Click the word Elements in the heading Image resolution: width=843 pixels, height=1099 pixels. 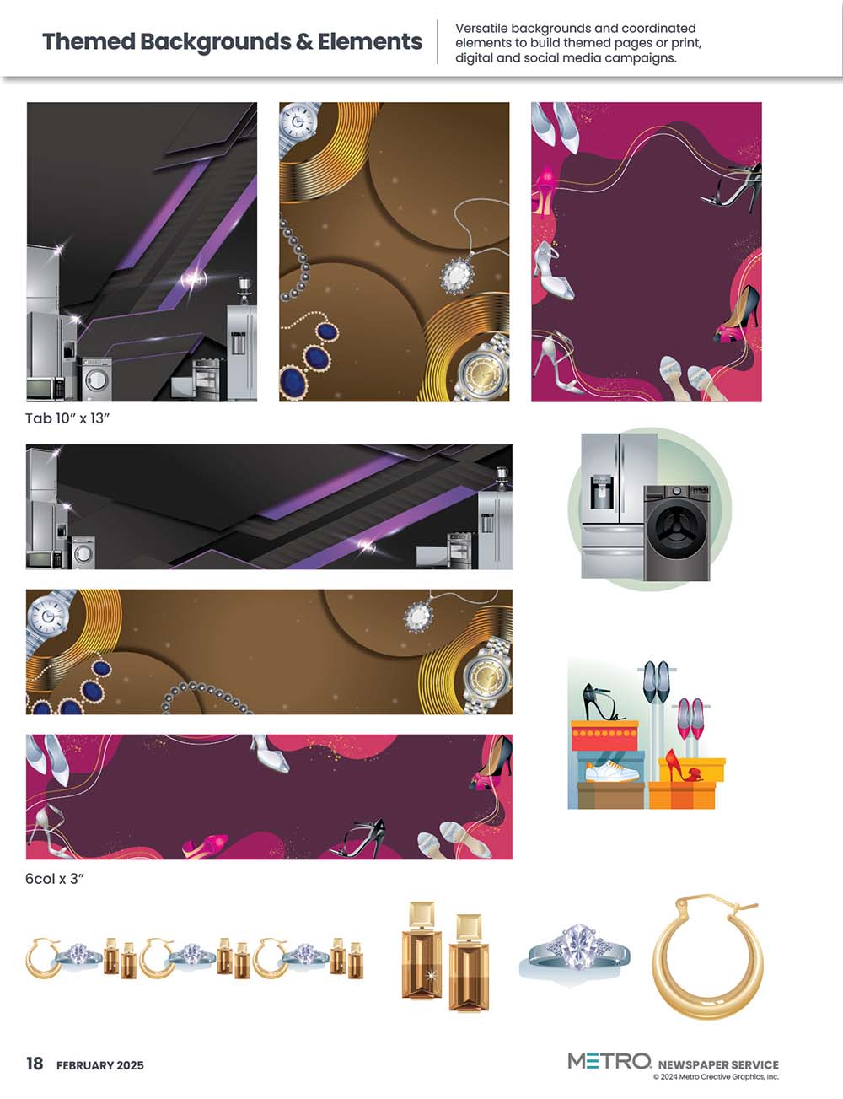(369, 41)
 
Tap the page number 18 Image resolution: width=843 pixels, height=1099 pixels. (35, 1063)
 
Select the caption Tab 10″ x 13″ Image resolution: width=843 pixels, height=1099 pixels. (67, 418)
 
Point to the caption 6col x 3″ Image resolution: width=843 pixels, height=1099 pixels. (55, 879)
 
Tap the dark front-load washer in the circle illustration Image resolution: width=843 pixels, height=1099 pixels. (677, 533)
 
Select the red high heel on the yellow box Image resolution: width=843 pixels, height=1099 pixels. (682, 766)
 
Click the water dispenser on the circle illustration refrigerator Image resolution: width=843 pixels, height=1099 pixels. (603, 493)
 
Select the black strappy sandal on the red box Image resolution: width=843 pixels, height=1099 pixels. (602, 702)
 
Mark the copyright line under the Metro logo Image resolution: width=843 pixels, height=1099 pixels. (717, 1077)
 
